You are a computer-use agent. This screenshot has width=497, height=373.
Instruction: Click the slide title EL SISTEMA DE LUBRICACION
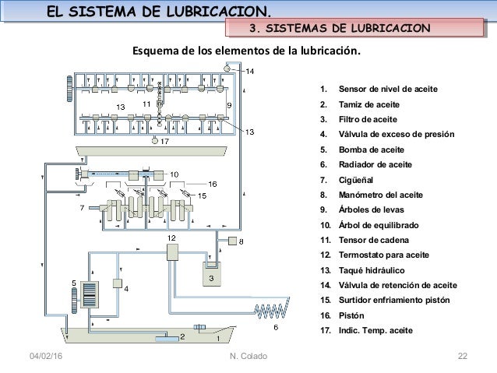click(159, 11)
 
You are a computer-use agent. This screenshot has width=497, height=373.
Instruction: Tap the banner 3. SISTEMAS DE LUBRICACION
click(338, 30)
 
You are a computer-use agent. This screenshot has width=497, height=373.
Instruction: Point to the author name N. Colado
click(248, 357)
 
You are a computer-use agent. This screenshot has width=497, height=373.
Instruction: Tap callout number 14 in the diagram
click(249, 72)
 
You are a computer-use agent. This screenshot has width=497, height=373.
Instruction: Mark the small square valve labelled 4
click(118, 282)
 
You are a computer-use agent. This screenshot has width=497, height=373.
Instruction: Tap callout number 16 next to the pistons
click(211, 184)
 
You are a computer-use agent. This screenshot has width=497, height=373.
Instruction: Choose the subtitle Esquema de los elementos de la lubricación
click(246, 53)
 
